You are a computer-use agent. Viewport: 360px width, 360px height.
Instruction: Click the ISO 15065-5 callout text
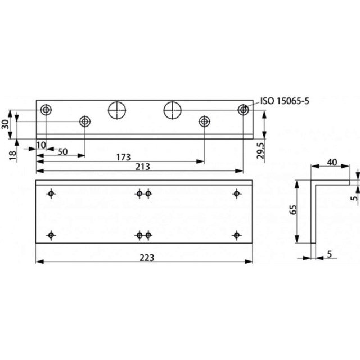(x=285, y=101)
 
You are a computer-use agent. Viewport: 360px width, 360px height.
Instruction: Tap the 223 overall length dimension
(x=147, y=258)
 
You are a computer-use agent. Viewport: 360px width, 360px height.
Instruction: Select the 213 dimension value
(x=142, y=166)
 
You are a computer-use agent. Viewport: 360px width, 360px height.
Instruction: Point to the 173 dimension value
(x=123, y=157)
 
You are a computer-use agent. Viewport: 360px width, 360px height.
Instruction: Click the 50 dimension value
(x=62, y=152)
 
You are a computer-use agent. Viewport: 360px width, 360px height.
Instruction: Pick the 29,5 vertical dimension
(x=260, y=151)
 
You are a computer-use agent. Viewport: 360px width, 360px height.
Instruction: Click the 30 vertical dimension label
(x=6, y=124)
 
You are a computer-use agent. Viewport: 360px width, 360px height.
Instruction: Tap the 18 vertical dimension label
(x=13, y=155)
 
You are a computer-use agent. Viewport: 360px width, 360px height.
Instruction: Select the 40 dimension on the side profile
(x=332, y=163)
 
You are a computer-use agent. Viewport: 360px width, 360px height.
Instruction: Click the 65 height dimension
(x=294, y=209)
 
